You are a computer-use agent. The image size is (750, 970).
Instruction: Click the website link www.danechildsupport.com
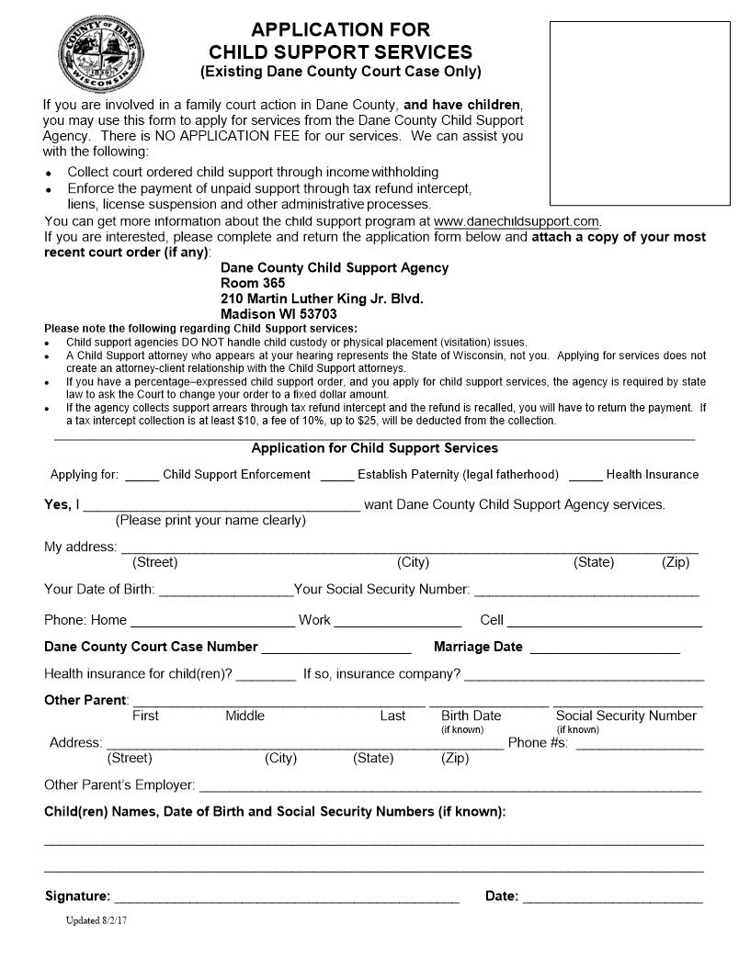pos(516,221)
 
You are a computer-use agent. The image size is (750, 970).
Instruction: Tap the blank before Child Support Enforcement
pos(142,476)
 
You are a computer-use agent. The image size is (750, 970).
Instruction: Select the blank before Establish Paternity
pos(336,476)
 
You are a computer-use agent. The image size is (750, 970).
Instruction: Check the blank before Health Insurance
pos(585,476)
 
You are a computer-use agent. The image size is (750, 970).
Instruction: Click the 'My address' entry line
pos(407,548)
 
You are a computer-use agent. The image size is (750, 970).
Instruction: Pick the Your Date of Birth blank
pos(224,591)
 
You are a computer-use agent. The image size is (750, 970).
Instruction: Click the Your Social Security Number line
pos(586,591)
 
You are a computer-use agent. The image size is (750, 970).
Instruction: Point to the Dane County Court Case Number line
pos(335,649)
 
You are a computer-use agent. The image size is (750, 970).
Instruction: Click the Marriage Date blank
pos(604,649)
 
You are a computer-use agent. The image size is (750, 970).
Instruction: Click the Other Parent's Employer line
pos(449,787)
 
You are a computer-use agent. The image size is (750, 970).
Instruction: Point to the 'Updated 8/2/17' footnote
pos(96,920)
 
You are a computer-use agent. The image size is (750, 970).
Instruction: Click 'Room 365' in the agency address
pos(253,283)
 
